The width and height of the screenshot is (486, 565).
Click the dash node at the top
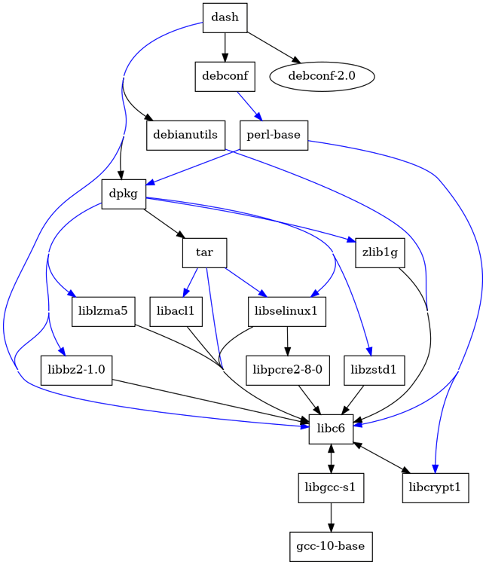tap(225, 18)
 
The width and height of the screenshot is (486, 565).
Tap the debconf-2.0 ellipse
tap(321, 76)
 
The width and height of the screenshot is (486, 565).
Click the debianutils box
tap(185, 135)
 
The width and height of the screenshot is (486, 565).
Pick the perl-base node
tap(274, 135)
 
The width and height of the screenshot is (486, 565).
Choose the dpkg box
tap(124, 194)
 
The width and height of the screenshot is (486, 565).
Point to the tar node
tap(204, 252)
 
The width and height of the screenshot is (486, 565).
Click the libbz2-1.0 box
tap(76, 370)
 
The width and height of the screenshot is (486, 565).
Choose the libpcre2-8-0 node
tap(286, 370)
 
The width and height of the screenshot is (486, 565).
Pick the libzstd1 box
tap(374, 370)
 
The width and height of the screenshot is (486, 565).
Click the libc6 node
tap(331, 429)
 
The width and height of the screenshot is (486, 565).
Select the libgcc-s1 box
tap(331, 487)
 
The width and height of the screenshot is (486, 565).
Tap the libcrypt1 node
tap(436, 487)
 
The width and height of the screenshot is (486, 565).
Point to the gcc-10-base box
tap(331, 545)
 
